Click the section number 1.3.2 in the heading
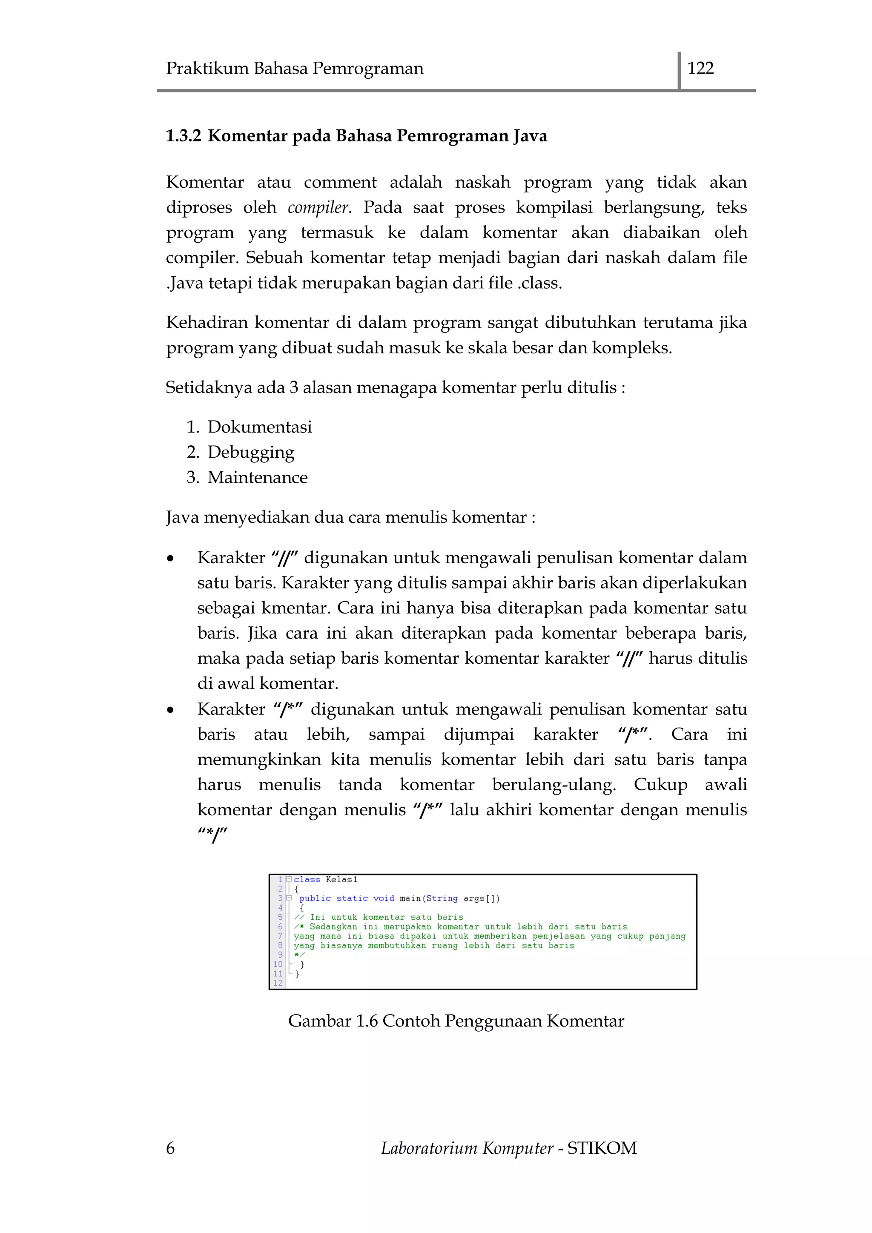pos(183,136)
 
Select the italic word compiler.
pos(319,208)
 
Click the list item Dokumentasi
pos(259,427)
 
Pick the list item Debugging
pos(251,452)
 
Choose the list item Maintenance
pos(258,477)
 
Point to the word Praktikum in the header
pos(207,68)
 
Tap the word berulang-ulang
pos(554,785)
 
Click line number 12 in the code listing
pos(278,983)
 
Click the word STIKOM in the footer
pos(602,1148)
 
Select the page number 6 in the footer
pos(170,1148)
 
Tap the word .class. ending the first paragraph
pos(539,283)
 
